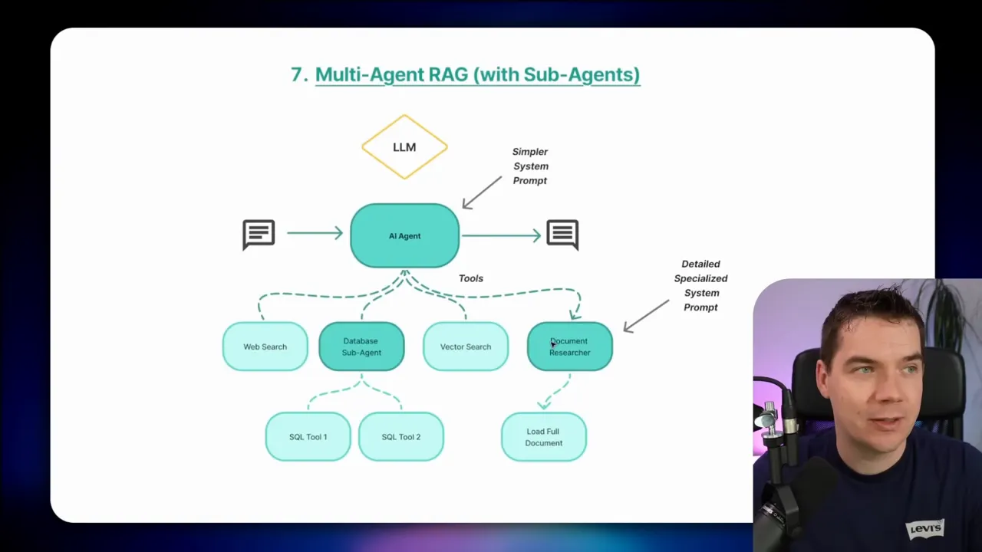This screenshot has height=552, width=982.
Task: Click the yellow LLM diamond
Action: (x=404, y=146)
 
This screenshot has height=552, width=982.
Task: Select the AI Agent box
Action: (x=404, y=235)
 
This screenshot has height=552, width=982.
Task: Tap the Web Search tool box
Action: (x=265, y=347)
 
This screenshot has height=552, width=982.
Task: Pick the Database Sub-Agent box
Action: (x=361, y=347)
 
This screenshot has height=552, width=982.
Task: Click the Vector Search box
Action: (x=466, y=347)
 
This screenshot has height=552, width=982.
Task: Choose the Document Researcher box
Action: (x=570, y=347)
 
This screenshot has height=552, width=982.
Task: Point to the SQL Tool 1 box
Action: (x=308, y=437)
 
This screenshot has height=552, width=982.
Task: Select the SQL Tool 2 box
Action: (x=401, y=437)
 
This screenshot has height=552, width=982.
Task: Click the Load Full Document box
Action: (x=544, y=437)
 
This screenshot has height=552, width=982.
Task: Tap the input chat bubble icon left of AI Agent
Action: (x=259, y=234)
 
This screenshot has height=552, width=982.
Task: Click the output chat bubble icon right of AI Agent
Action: (x=562, y=234)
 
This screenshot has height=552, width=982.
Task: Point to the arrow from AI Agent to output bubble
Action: (x=502, y=235)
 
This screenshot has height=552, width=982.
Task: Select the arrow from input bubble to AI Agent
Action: (x=315, y=232)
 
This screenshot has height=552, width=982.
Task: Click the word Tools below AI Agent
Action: (x=471, y=278)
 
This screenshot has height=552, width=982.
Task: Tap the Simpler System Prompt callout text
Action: (x=530, y=166)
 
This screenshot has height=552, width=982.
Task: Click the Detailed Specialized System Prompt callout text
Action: (x=700, y=285)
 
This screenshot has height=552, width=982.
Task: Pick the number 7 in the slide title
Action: (x=298, y=74)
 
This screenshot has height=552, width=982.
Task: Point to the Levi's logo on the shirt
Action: (x=925, y=528)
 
